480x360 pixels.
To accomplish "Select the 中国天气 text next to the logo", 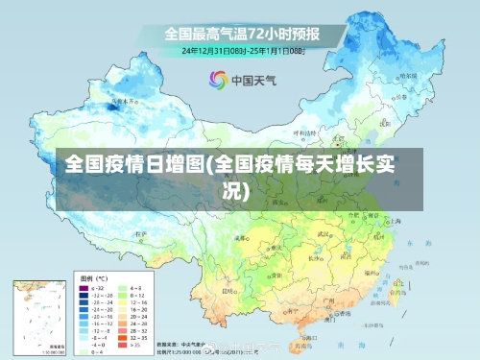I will point(252,80).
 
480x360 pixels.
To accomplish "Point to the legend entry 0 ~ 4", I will point(99,352).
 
